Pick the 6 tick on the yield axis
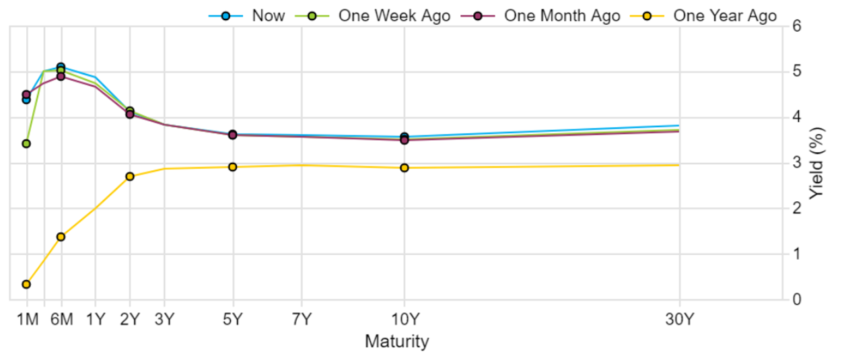pos(797,26)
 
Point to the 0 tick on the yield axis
pos(797,299)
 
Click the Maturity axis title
pos(396,341)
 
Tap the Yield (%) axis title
pos(817,163)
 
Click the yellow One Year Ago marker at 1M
pos(26,284)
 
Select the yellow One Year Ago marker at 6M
pos(61,237)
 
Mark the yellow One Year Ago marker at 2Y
pos(130,176)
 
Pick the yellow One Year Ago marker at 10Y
pos(405,168)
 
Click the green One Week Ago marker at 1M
pos(26,143)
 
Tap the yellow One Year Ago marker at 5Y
pos(233,167)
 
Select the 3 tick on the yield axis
pos(797,163)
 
